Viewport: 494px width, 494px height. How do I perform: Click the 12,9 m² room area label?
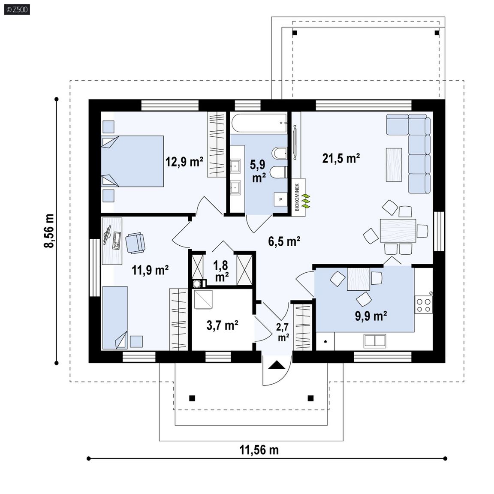point(184,162)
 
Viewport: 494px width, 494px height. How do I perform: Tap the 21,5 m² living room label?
point(341,158)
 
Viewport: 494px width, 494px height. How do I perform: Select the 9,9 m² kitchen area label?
point(371,316)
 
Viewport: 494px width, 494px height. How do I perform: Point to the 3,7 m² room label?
point(222,325)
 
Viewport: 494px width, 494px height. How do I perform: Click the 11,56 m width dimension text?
point(259,450)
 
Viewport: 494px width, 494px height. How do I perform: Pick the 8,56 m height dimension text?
point(49,231)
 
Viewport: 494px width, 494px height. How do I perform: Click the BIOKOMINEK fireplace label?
point(297,197)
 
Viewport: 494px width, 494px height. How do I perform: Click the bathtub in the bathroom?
point(259,123)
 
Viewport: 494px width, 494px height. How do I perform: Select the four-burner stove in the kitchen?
point(423,304)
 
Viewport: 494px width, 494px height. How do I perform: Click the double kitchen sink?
point(375,341)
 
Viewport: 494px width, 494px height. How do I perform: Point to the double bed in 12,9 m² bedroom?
point(133,161)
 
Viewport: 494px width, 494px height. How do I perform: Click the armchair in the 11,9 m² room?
point(135,243)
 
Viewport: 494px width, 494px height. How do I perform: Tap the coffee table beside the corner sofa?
point(394,165)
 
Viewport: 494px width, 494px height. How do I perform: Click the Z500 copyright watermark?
point(17,9)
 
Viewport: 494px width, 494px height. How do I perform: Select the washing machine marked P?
point(280,199)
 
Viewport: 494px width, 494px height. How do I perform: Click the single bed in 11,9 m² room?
point(115,318)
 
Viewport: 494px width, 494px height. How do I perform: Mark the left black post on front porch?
point(192,398)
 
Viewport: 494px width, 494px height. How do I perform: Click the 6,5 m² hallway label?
point(284,241)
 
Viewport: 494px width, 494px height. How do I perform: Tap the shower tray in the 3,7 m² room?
point(203,299)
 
